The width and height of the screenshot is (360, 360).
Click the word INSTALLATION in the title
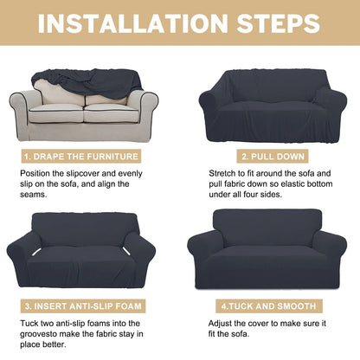(x=133, y=23)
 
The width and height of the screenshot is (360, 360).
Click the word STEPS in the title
(x=279, y=23)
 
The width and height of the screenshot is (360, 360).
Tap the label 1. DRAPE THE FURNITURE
(x=81, y=157)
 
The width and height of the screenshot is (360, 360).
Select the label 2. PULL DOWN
(x=273, y=157)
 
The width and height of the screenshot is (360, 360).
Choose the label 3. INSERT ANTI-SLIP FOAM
(x=83, y=306)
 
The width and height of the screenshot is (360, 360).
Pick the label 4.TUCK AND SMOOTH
(x=269, y=306)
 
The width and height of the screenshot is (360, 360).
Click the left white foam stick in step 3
(x=36, y=252)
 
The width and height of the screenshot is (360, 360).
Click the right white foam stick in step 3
(x=125, y=252)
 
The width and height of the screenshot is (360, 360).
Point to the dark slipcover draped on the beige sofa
(x=87, y=82)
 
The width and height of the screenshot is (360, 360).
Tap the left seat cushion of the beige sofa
(x=56, y=113)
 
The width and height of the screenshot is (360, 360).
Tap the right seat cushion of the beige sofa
(x=112, y=113)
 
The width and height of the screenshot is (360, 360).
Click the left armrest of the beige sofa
(x=22, y=111)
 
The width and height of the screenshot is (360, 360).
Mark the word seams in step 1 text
(x=33, y=195)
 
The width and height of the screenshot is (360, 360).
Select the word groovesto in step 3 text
(x=39, y=334)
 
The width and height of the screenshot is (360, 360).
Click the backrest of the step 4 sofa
(x=267, y=228)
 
